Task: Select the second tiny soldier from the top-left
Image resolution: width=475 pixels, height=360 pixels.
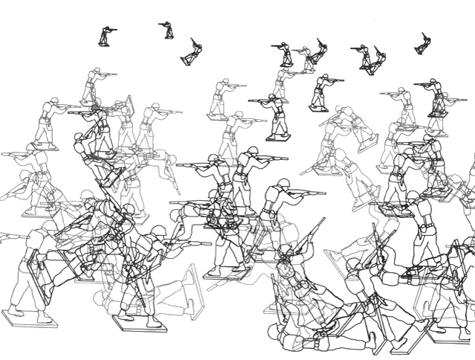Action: tap(168, 30)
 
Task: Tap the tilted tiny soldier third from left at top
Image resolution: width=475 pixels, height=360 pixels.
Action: tap(193, 52)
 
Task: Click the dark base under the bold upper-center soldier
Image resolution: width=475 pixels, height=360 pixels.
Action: tap(279, 138)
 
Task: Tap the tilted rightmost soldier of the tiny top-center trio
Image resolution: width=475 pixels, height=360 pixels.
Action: tap(320, 51)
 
